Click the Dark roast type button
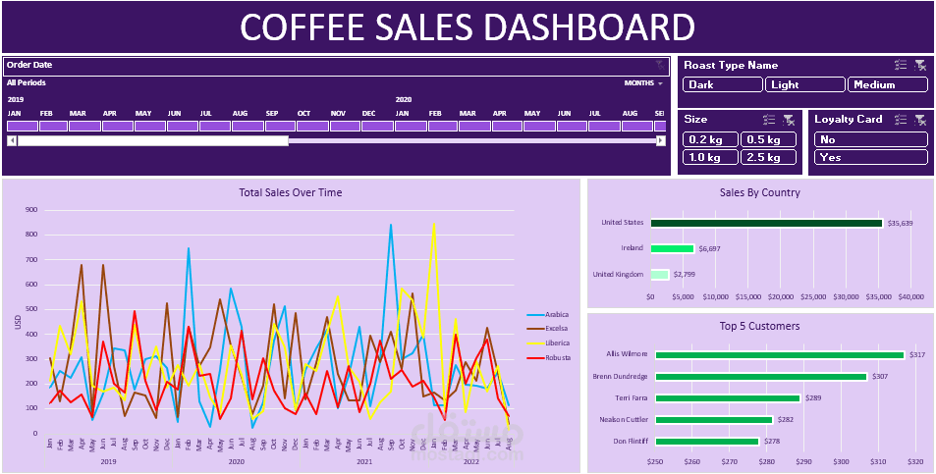click(722, 84)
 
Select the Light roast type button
click(804, 84)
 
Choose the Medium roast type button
click(888, 84)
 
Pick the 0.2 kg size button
click(708, 139)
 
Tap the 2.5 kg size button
click(767, 157)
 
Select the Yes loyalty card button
click(870, 157)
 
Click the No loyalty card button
click(870, 139)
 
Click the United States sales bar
click(766, 223)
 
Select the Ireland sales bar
click(672, 249)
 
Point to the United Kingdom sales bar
click(659, 275)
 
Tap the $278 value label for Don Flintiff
click(772, 442)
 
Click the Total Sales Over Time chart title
click(291, 192)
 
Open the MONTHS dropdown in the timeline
click(643, 83)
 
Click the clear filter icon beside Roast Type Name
click(920, 65)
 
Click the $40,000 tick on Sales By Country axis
click(909, 296)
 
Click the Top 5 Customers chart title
click(759, 326)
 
